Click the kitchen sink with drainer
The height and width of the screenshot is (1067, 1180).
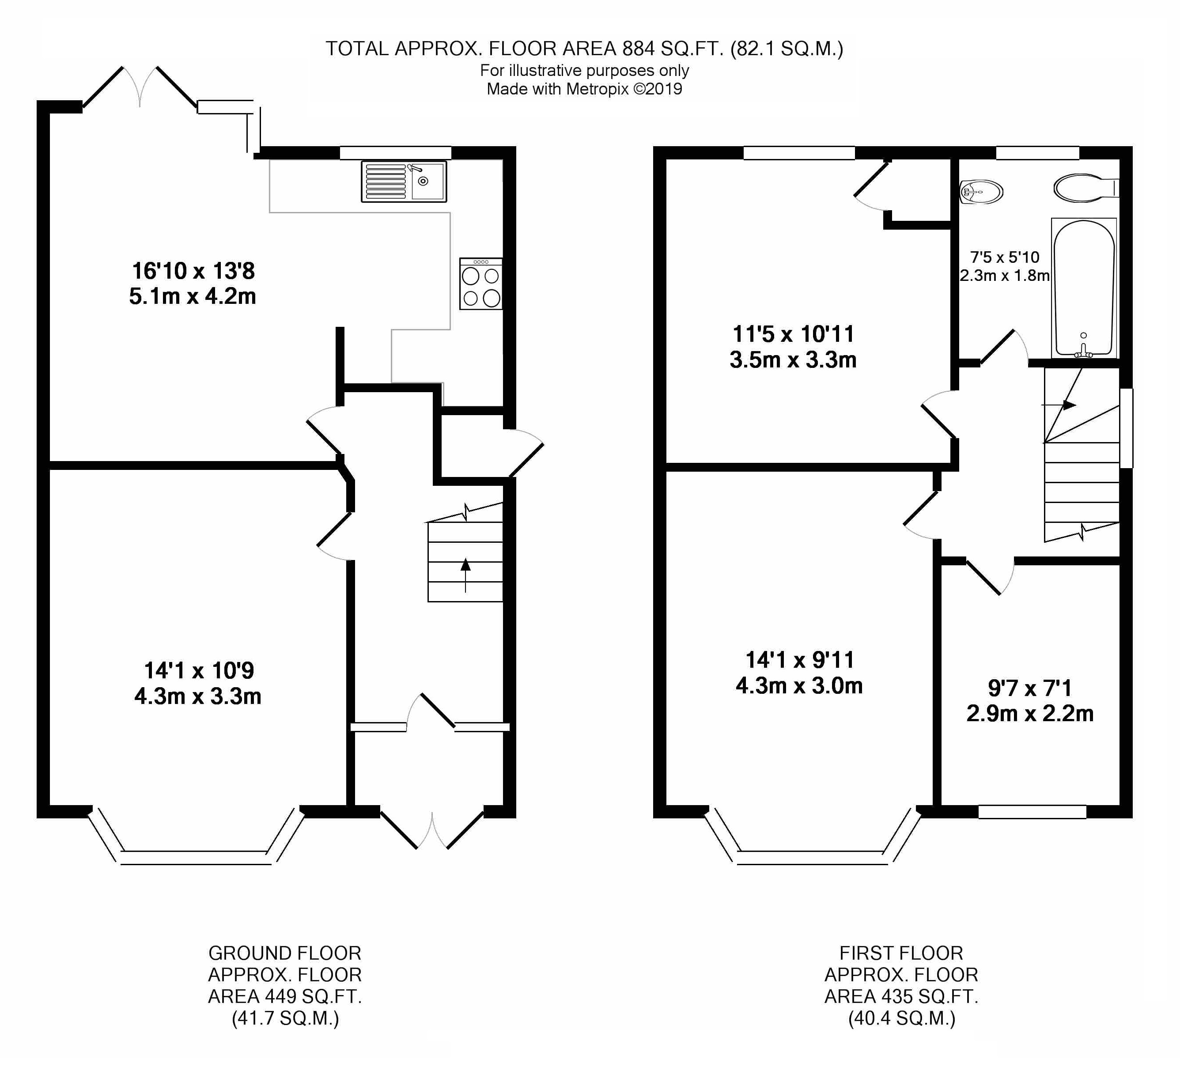tap(404, 182)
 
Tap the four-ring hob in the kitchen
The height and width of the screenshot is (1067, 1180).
tap(481, 284)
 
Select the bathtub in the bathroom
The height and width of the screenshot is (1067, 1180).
tap(1084, 288)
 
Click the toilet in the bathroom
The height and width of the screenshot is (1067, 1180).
tap(1086, 188)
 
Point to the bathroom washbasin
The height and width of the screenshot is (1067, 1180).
tap(982, 191)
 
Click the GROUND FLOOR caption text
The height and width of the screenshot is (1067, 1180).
tap(285, 953)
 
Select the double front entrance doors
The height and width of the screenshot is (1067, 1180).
tap(432, 828)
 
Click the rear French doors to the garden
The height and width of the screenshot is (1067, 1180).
tap(140, 88)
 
